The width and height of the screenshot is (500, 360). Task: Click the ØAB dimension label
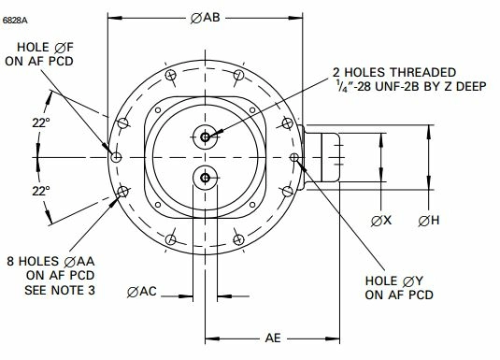click(205, 18)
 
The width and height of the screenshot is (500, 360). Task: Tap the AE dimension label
click(273, 338)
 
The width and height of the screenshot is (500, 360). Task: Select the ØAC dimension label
click(141, 292)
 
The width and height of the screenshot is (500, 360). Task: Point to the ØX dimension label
click(381, 221)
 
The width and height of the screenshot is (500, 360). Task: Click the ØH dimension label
click(429, 221)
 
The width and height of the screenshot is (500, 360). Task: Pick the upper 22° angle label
click(41, 122)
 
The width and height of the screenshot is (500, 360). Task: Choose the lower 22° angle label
click(41, 191)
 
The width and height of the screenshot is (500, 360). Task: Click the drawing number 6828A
click(15, 21)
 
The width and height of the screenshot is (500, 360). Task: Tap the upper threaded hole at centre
click(205, 137)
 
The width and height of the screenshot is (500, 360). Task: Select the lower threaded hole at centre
click(205, 178)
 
